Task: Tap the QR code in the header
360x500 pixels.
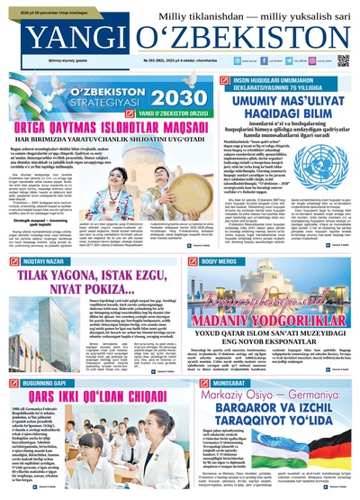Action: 343,60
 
